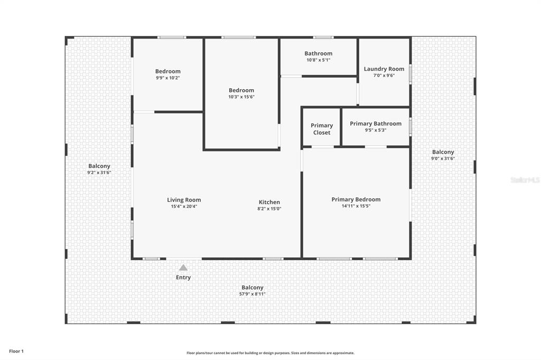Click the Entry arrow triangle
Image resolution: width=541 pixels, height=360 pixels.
point(183,268)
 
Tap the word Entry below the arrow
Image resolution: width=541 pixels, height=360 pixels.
point(183,277)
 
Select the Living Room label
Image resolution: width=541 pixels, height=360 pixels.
point(184,200)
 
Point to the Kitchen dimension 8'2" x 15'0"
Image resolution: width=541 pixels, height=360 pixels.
point(269,209)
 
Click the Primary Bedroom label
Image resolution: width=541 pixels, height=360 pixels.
point(356,200)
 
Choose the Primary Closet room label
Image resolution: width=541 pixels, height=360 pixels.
point(322,129)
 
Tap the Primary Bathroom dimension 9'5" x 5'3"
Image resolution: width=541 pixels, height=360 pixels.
point(376,130)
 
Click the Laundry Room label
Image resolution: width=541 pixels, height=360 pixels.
point(384,69)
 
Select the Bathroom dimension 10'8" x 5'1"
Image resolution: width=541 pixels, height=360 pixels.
point(319,60)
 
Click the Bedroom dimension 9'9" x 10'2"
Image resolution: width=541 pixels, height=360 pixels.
point(167,78)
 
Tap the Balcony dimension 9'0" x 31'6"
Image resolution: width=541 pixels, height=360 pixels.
point(443,158)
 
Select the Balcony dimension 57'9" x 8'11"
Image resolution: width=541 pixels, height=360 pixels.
point(252,294)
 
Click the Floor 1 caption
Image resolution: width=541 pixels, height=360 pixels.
point(16,352)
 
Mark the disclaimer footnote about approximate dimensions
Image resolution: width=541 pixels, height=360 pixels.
point(270,353)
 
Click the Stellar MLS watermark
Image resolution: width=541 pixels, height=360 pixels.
point(525,180)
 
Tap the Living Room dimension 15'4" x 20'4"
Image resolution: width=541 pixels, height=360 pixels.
point(184,206)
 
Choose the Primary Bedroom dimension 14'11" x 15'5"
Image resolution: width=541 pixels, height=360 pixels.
point(356,206)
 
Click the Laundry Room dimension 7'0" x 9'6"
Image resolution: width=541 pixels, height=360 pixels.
point(384,75)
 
